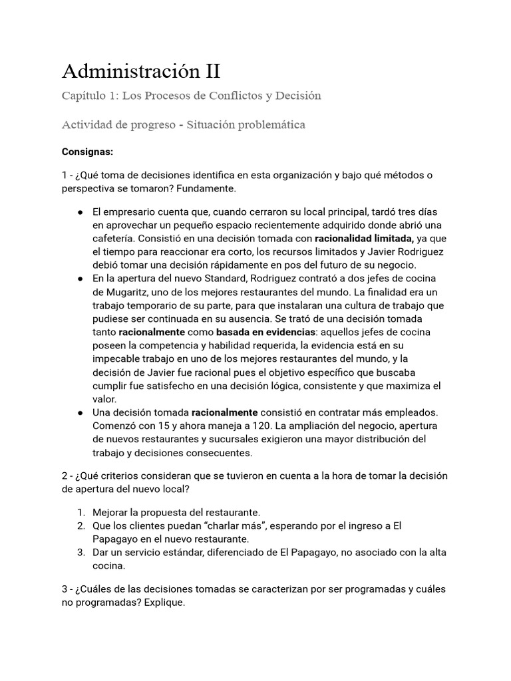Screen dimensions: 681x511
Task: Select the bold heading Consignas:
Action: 87,152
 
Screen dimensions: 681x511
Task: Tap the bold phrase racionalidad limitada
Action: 363,239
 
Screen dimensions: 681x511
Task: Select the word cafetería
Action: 116,239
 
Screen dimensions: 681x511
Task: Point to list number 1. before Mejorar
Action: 80,512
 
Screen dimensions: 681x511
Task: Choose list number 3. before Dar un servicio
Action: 80,553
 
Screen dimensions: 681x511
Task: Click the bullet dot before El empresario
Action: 80,211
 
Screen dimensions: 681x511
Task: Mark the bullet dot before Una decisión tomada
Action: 80,412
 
